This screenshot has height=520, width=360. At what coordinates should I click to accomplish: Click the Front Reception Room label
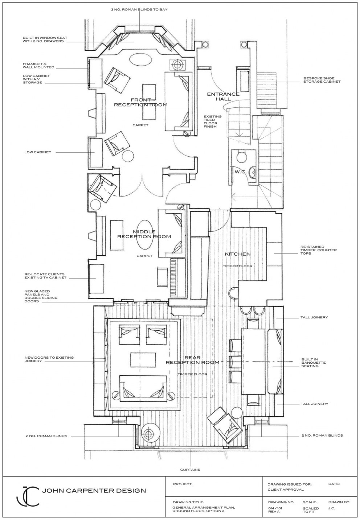point(141,102)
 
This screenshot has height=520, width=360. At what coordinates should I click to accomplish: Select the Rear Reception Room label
point(192,360)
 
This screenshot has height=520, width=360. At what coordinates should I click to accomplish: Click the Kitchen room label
point(238,254)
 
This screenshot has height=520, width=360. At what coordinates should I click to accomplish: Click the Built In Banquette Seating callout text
point(313,362)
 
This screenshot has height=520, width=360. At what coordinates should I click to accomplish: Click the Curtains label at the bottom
point(190,470)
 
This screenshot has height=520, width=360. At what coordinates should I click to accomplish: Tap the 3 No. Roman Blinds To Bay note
point(139,10)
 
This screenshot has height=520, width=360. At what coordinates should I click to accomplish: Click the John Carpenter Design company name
point(94,491)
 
